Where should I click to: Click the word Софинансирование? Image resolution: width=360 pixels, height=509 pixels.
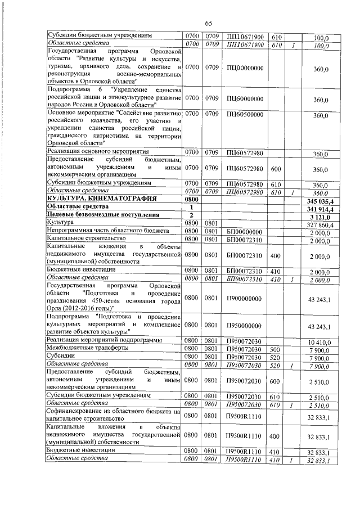coord(74,412)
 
